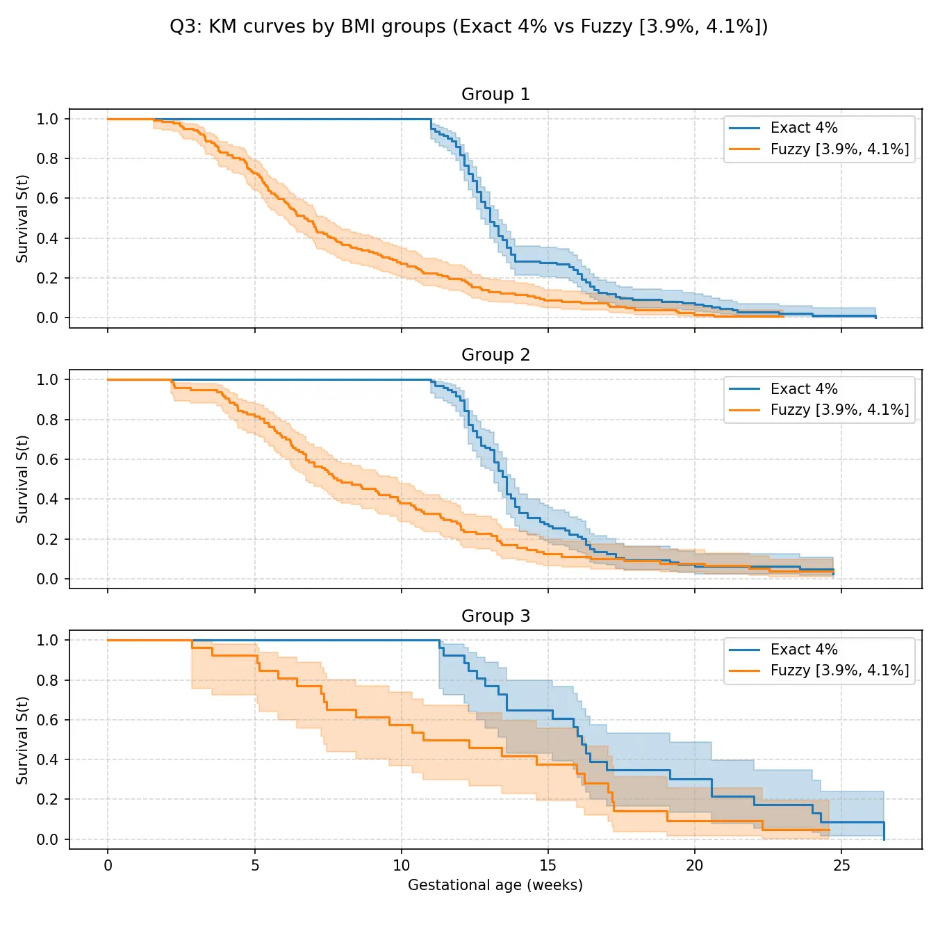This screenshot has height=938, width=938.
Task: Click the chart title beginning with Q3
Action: (x=469, y=26)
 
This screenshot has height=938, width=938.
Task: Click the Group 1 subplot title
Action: (x=495, y=94)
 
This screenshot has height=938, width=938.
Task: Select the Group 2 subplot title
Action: (x=495, y=355)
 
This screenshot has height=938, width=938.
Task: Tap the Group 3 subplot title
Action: (x=495, y=616)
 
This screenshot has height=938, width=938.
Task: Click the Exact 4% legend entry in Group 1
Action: (x=804, y=128)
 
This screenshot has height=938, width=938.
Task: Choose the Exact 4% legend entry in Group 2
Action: (x=804, y=389)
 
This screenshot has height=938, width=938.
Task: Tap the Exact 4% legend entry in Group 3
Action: (x=804, y=650)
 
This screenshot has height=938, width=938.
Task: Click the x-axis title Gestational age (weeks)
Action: (x=495, y=885)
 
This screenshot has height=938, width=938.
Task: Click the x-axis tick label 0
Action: (x=108, y=866)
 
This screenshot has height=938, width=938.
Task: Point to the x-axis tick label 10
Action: (x=402, y=866)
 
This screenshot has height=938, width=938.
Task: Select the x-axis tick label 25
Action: (x=841, y=866)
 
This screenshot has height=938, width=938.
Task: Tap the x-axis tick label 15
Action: (x=548, y=866)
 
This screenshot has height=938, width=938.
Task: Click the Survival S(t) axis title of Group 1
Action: (x=22, y=219)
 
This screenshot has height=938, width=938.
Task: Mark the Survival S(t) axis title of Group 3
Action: (x=22, y=741)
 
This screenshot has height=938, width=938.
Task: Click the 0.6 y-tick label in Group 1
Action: (x=48, y=199)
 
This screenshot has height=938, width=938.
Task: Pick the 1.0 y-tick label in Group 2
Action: (x=48, y=380)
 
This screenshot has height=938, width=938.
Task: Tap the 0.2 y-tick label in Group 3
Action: (x=48, y=800)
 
